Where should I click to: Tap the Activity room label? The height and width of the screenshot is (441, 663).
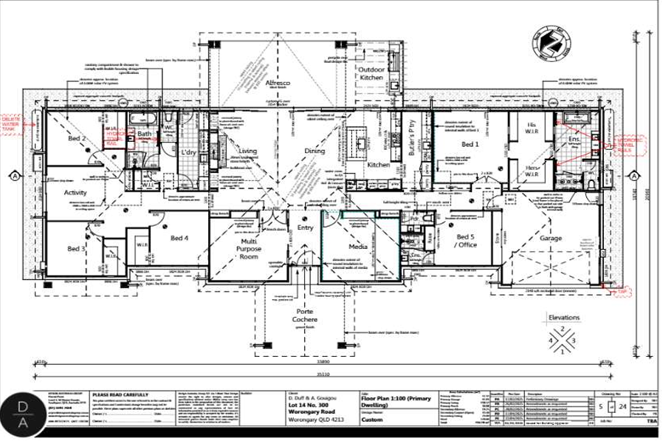click(x=75, y=193)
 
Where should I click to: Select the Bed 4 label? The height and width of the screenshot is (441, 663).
click(x=179, y=238)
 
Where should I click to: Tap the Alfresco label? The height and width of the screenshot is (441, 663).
click(x=278, y=83)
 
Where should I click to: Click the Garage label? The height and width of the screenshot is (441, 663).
click(x=550, y=238)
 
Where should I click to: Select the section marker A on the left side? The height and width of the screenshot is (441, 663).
click(x=14, y=176)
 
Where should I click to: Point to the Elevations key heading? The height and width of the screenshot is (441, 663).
click(x=564, y=318)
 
